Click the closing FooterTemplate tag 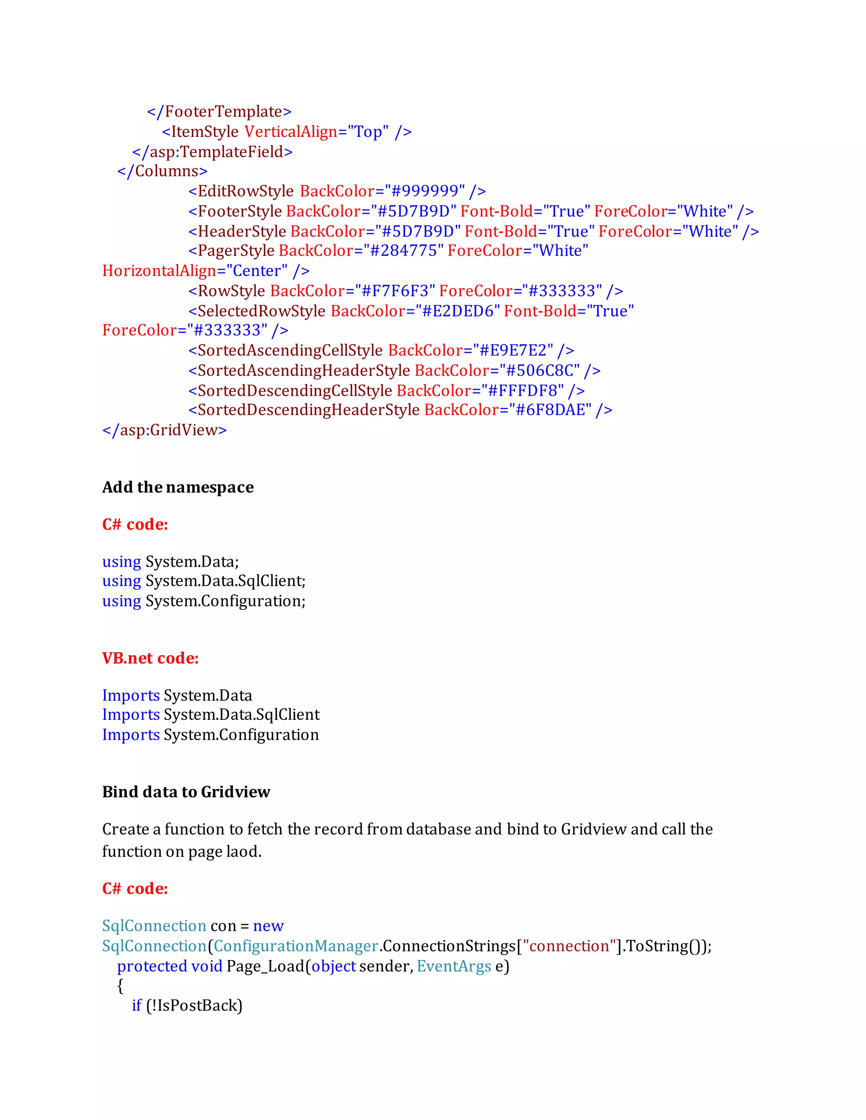tap(219, 111)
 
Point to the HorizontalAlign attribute tap(159, 271)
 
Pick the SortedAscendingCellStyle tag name tap(290, 351)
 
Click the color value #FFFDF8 tap(526, 391)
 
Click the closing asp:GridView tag tap(164, 430)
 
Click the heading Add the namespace tap(178, 487)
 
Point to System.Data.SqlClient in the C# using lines tap(225, 581)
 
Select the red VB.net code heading tap(150, 658)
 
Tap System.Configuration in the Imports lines tap(241, 735)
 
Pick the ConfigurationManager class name tap(296, 946)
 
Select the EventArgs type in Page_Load tap(454, 966)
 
